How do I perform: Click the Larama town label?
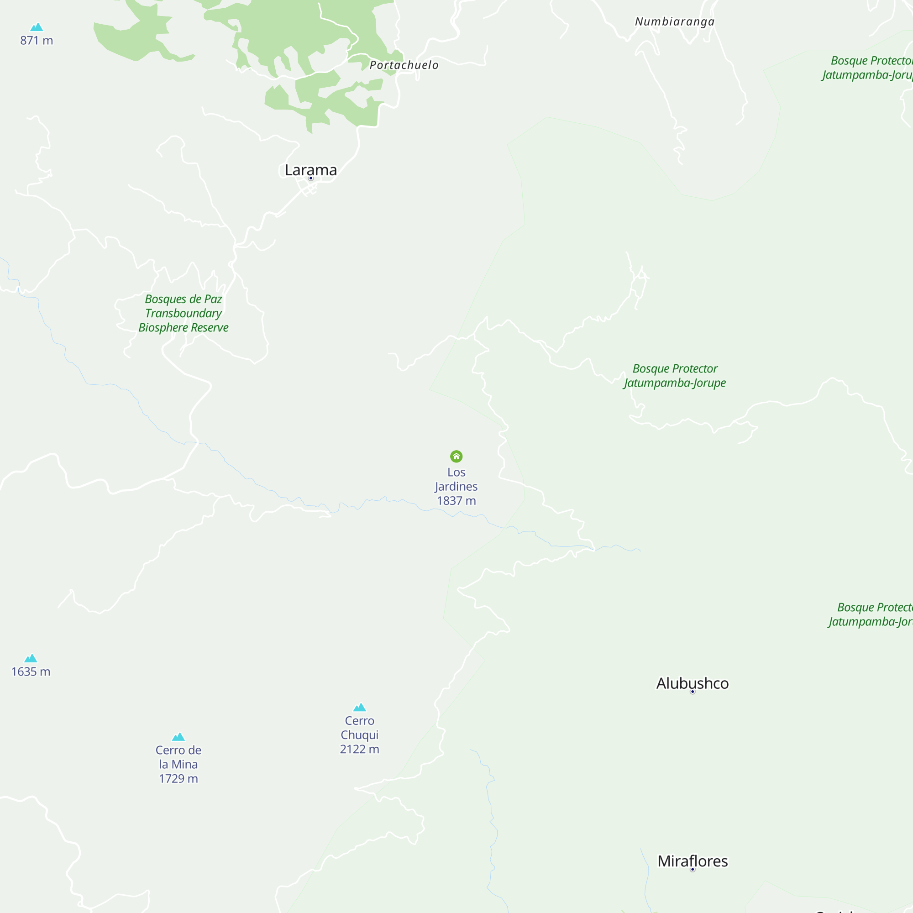point(310,170)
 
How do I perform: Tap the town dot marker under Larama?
point(311,178)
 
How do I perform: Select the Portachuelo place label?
point(404,65)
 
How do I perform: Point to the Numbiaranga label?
point(674,22)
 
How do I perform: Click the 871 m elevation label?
point(37,41)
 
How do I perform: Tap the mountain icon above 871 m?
point(37,27)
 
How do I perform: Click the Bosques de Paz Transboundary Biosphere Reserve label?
point(184,313)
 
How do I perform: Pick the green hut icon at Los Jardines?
point(456,456)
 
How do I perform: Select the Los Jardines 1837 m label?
point(456,486)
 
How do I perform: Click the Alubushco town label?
point(693,683)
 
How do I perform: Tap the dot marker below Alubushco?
point(693,692)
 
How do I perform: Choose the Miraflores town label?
point(693,861)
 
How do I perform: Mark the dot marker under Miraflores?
point(693,870)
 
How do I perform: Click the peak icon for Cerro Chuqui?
point(360,708)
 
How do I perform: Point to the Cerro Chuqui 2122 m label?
point(360,735)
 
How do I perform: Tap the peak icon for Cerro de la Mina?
point(178,737)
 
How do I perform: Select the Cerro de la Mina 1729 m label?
point(178,764)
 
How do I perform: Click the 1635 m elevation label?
point(31,672)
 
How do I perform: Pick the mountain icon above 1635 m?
point(31,658)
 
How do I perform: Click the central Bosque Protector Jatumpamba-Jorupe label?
point(675,376)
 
